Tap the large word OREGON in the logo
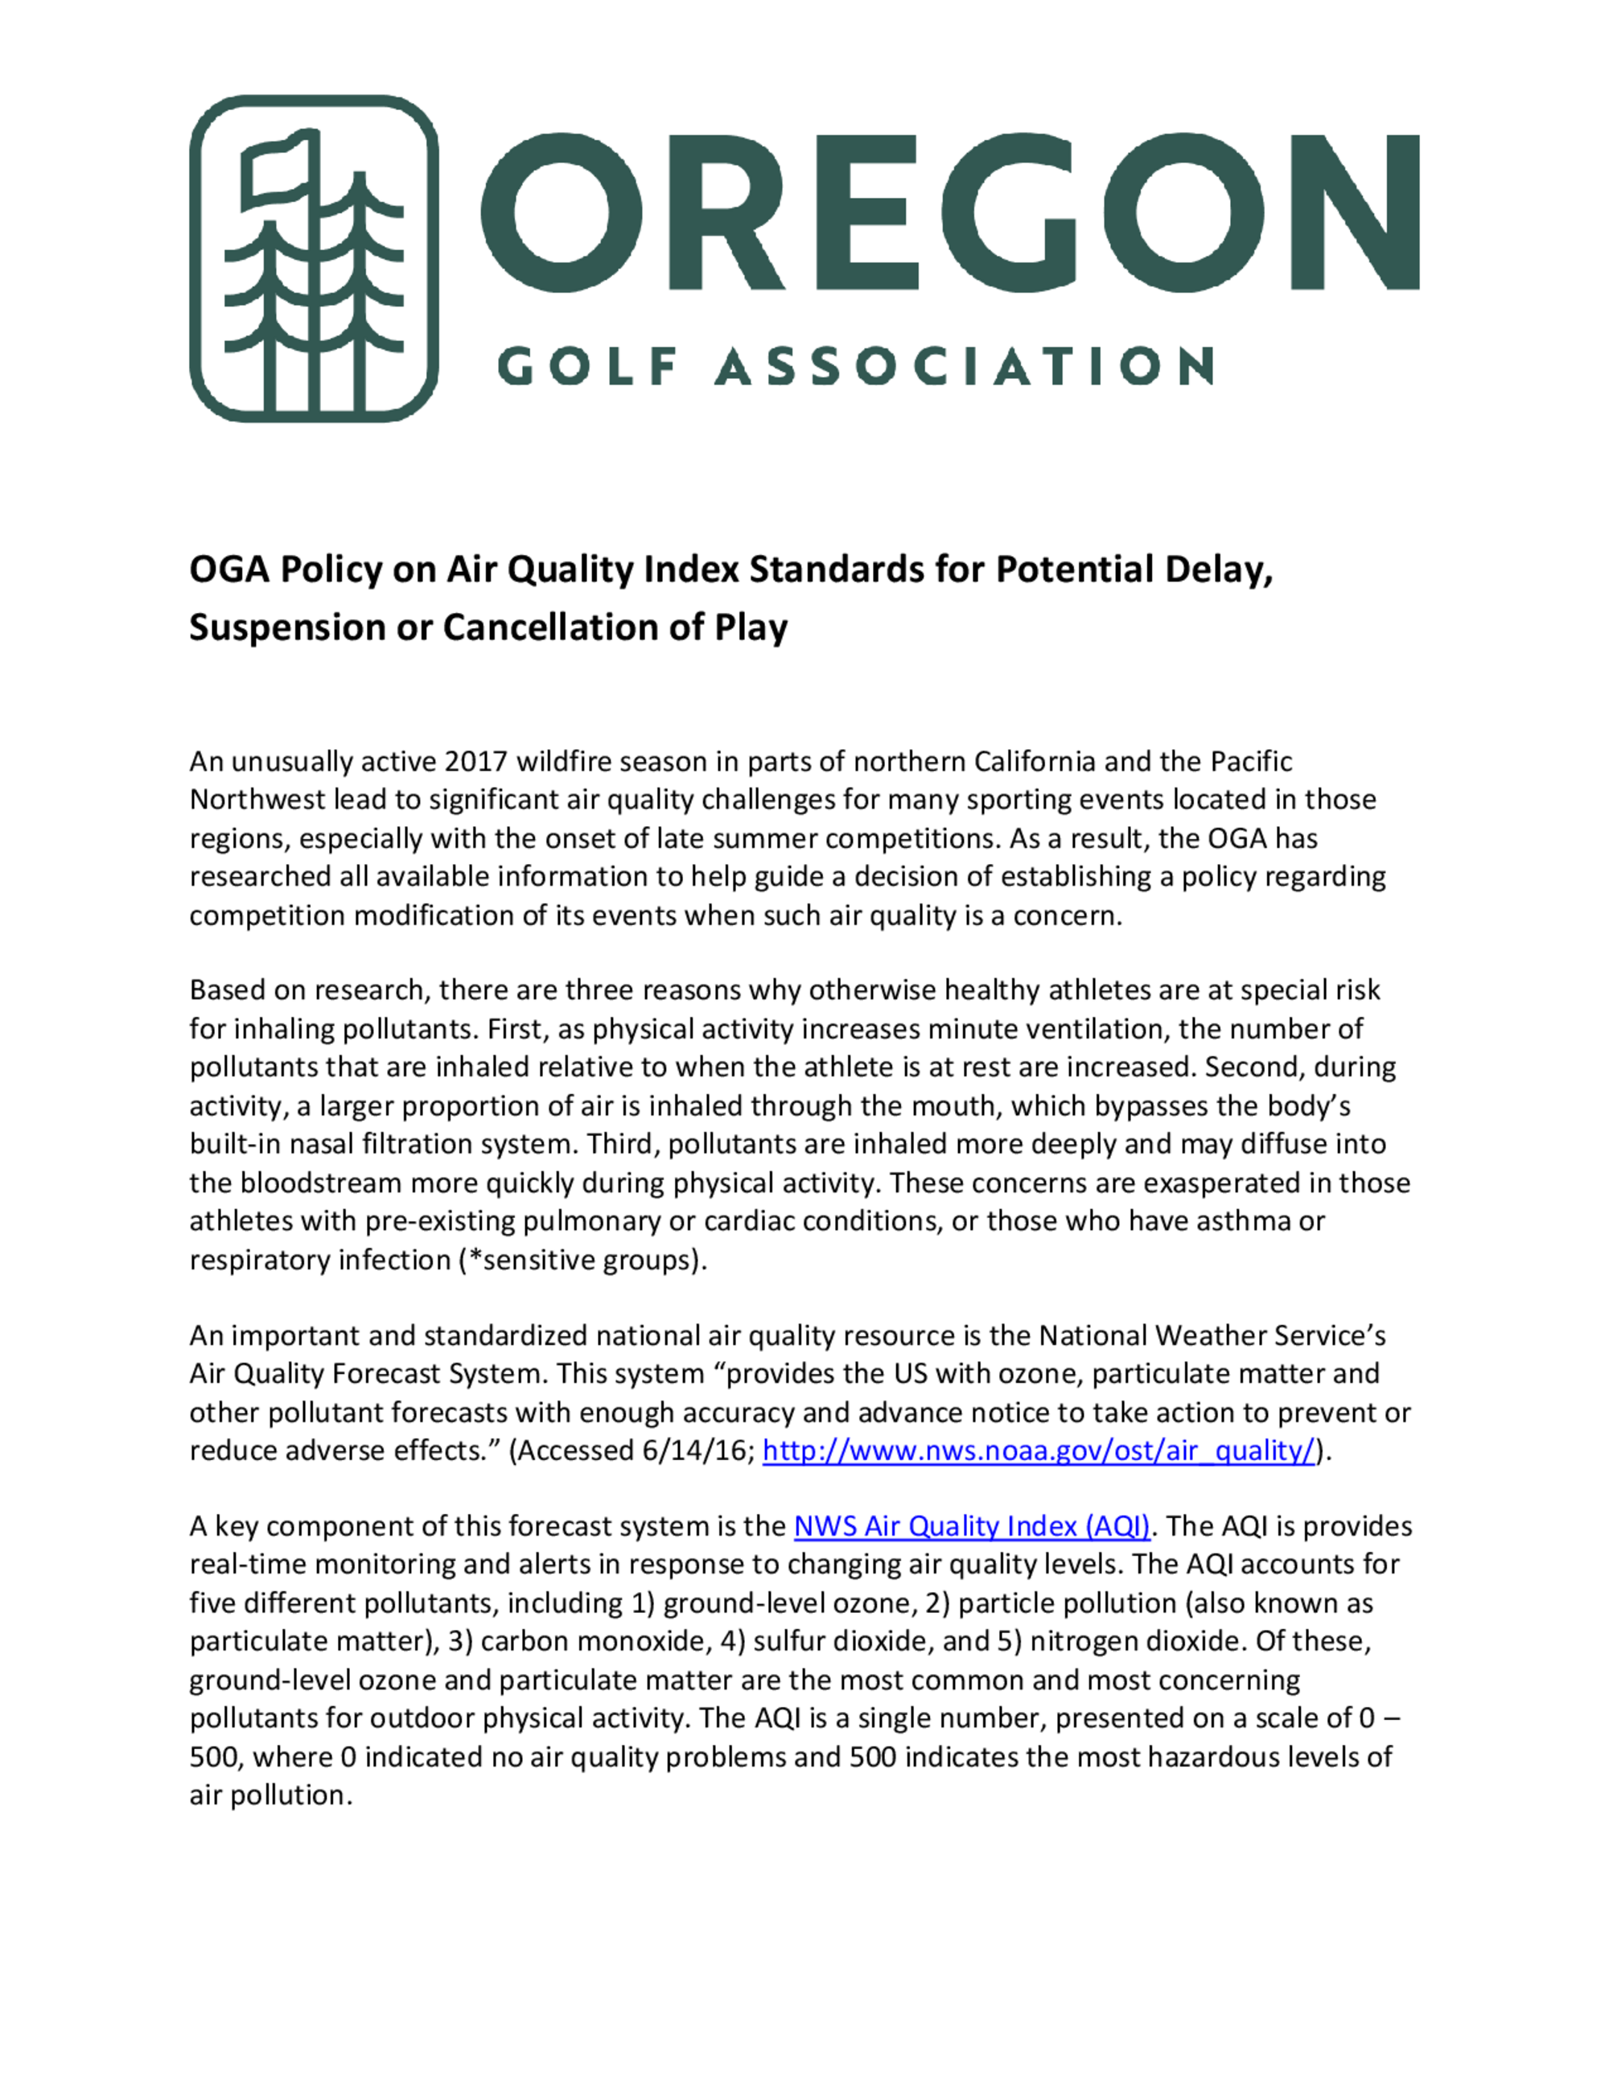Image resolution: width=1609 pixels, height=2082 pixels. coord(949,212)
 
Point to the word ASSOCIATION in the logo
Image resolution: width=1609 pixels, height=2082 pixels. coord(964,367)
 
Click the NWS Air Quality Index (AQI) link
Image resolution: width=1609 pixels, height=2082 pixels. coord(973,1526)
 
